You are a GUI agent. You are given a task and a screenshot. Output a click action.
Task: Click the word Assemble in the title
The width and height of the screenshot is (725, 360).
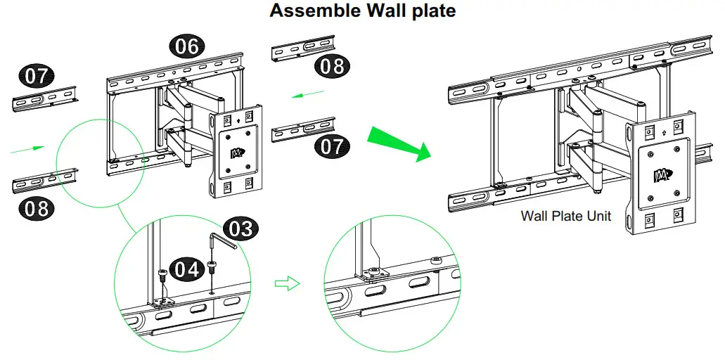(x=311, y=11)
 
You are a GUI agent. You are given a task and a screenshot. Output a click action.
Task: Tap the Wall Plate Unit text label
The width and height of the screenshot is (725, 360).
(x=565, y=216)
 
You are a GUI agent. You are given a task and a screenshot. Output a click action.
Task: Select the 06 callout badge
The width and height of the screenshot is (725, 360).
(x=187, y=47)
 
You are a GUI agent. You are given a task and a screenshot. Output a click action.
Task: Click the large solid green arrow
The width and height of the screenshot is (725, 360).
(x=399, y=143)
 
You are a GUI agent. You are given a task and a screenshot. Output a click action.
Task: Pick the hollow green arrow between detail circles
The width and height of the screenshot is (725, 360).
(x=287, y=283)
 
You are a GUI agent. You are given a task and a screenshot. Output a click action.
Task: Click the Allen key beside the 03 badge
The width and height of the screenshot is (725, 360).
(x=220, y=243)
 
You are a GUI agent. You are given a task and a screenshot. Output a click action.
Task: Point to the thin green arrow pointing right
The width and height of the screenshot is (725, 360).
(x=28, y=148)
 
